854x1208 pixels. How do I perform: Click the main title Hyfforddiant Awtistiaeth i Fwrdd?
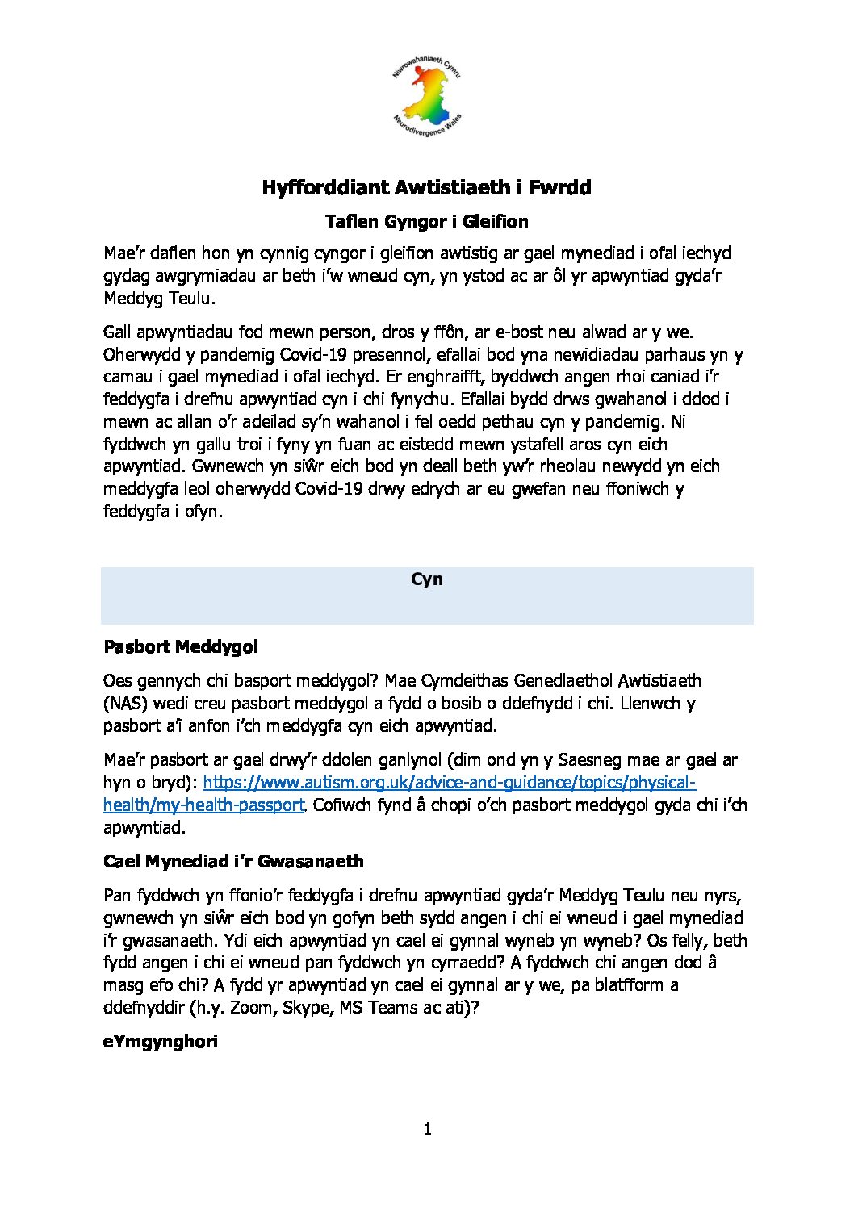(426, 188)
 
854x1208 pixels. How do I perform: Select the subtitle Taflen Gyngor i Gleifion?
(426, 221)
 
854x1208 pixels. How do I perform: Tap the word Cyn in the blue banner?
(426, 579)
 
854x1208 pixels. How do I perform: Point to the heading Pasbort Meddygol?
(181, 647)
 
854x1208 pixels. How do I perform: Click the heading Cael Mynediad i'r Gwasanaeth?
(233, 862)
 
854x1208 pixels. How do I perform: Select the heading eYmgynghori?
(161, 1042)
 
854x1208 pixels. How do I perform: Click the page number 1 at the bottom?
(427, 1129)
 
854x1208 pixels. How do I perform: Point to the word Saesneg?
(594, 760)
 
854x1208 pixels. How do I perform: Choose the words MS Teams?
(376, 1008)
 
